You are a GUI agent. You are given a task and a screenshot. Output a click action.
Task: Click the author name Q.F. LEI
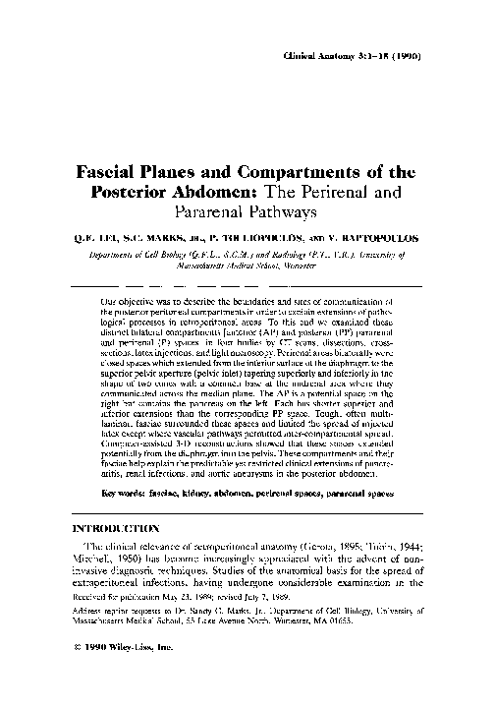[x=93, y=236]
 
